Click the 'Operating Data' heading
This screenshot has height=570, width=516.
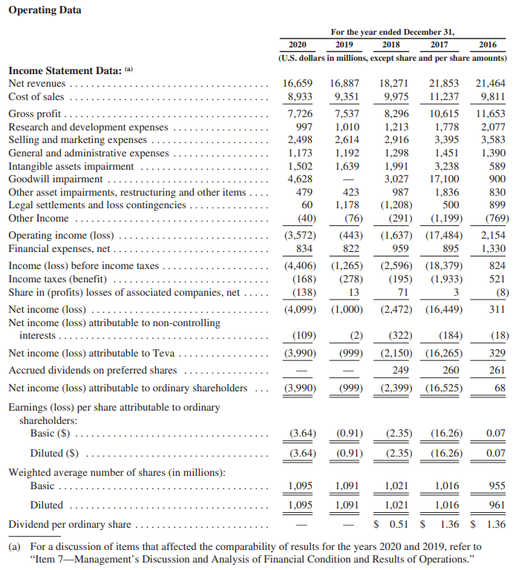[45, 10]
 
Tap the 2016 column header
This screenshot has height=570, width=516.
[488, 44]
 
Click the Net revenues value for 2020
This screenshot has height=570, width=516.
[300, 84]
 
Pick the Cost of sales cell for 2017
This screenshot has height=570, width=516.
[445, 96]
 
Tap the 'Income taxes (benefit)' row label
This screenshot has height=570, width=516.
[58, 279]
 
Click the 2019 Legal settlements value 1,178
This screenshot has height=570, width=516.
[344, 205]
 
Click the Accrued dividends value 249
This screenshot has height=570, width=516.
[400, 370]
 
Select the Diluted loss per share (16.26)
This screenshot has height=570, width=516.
[446, 453]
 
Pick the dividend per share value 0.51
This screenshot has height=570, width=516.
[398, 525]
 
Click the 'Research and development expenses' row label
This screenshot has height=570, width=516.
[88, 127]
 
